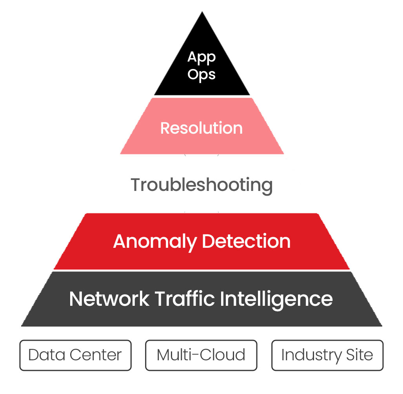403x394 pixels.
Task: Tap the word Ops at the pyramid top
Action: click(x=201, y=74)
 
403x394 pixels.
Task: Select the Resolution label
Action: click(x=201, y=128)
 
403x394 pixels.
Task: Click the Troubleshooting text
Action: click(x=201, y=185)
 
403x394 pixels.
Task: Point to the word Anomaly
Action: click(x=155, y=241)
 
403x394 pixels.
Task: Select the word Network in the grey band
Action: click(x=109, y=299)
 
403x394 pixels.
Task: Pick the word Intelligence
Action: click(x=276, y=299)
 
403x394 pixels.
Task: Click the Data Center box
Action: click(x=75, y=355)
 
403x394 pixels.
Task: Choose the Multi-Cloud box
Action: click(x=201, y=355)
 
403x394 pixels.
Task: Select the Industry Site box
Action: click(x=327, y=355)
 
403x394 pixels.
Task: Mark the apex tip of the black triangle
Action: click(x=202, y=13)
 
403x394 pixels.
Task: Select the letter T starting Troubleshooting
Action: click(x=136, y=185)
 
